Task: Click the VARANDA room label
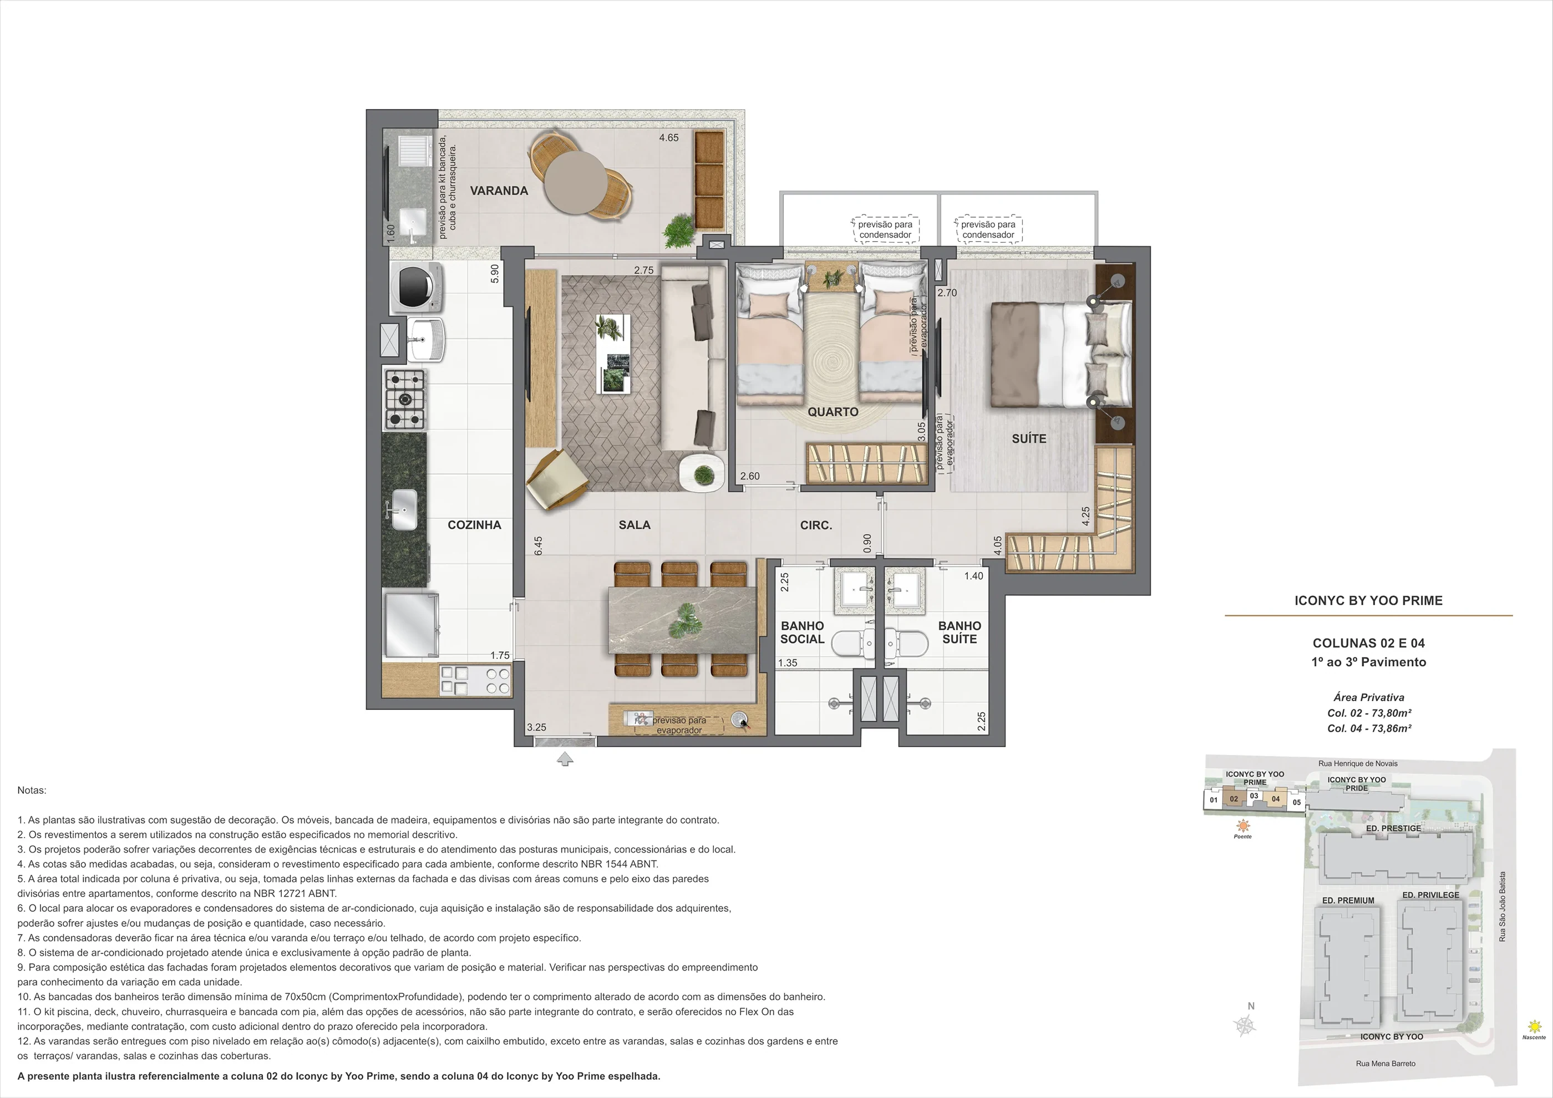pos(499,191)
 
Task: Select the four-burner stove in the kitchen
pos(405,399)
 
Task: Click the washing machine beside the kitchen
pos(417,287)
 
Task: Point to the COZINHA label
pos(474,525)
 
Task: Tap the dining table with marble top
pos(682,620)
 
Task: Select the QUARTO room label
pos(833,412)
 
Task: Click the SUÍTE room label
pos(1029,439)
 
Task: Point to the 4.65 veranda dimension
pos(669,138)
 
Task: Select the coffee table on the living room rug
pos(613,353)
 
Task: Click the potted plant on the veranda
pos(677,232)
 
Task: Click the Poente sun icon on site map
pos(1242,825)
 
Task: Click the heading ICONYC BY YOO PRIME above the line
pos(1368,600)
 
